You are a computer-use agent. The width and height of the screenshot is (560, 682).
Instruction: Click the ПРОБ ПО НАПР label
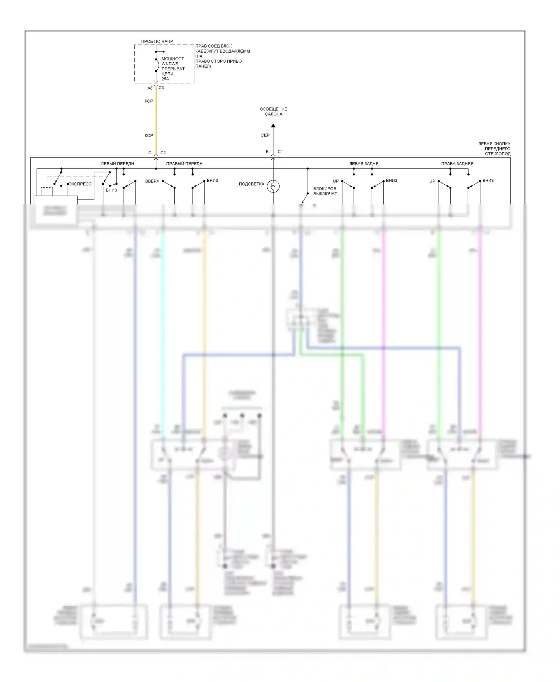point(157,41)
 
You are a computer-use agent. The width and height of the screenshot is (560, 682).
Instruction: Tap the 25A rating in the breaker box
point(165,79)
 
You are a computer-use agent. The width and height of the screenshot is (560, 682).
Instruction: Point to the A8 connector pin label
point(150,88)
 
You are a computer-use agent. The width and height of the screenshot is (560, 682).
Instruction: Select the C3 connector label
point(161,88)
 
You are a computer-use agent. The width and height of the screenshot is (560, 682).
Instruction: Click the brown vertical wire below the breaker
point(156,119)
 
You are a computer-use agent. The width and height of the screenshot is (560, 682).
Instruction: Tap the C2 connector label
point(163,153)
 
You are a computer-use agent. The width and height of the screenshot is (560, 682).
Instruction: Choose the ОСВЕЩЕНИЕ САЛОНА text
point(274,112)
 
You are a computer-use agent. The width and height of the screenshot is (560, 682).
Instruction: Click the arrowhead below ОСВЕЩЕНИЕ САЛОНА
point(273,126)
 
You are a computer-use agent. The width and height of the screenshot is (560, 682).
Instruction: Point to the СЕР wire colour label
point(265,135)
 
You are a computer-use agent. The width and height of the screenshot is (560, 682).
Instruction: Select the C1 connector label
point(280,151)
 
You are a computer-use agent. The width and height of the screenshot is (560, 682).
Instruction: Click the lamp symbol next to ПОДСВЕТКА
point(273,186)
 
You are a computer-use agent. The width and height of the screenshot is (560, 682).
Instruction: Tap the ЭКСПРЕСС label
point(80,184)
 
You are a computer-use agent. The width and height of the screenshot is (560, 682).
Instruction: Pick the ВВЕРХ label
point(152,181)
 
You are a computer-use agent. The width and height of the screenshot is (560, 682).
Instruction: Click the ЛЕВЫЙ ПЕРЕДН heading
point(118,163)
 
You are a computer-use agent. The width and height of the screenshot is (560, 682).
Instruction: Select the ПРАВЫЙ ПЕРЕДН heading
point(184,163)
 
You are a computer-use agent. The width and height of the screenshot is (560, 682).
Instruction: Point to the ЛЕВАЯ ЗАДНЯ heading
point(364,163)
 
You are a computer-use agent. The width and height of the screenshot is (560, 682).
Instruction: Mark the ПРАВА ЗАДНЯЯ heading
point(457,163)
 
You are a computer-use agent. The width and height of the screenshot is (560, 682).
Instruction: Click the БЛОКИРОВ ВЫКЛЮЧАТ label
point(325,191)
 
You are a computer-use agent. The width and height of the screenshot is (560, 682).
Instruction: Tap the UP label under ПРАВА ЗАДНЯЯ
point(432,181)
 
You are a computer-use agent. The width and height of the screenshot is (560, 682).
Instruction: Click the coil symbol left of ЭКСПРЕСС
point(47,191)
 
